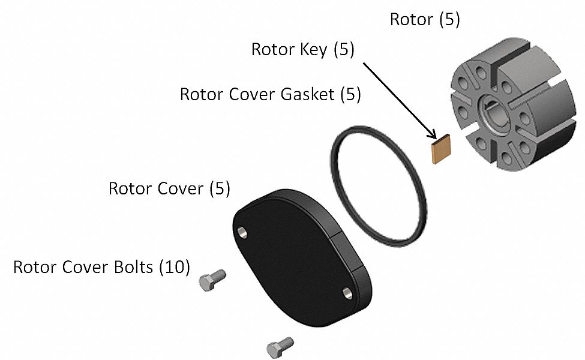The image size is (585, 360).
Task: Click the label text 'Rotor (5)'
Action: [x=425, y=19]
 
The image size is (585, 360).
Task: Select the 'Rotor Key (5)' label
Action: [x=303, y=49]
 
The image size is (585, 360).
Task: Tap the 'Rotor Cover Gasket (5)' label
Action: [x=270, y=95]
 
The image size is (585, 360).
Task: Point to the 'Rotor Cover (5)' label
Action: [x=169, y=188]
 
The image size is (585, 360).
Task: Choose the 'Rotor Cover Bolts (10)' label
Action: [x=101, y=266]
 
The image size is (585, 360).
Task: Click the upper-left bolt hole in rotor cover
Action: [x=242, y=231]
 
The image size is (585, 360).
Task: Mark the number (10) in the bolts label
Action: [x=174, y=266]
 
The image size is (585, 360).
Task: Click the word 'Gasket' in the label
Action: [x=305, y=95]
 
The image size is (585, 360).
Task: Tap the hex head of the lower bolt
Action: [x=274, y=349]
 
